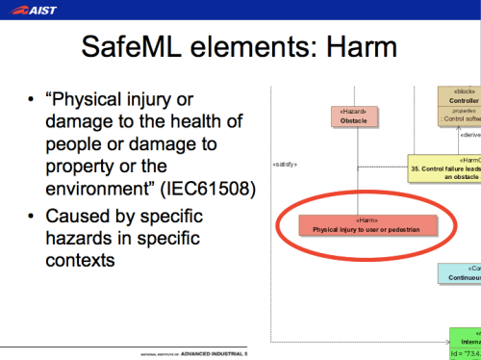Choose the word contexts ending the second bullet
click(x=82, y=260)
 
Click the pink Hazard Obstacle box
click(x=353, y=116)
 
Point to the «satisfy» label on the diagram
click(x=285, y=164)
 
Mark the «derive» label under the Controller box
click(x=468, y=135)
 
